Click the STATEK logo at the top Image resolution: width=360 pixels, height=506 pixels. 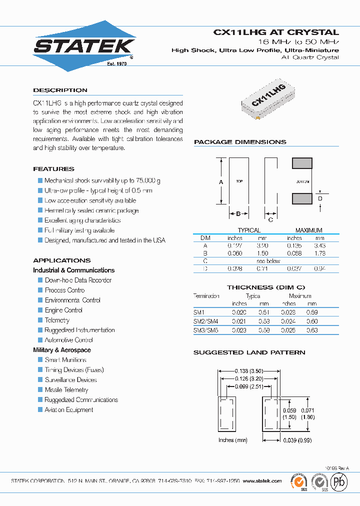pyautogui.click(x=84, y=46)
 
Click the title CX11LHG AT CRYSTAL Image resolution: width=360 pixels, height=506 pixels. pyautogui.click(x=276, y=32)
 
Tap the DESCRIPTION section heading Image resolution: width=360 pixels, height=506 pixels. pyautogui.click(x=60, y=90)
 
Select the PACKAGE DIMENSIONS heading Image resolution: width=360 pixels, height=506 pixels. pyautogui.click(x=240, y=142)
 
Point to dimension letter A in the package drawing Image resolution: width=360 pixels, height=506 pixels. pyautogui.click(x=221, y=182)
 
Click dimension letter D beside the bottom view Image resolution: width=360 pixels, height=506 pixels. pyautogui.click(x=320, y=199)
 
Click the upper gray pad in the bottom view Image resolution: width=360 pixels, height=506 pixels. pyautogui.click(x=302, y=163)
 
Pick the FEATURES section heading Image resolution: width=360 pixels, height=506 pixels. pyautogui.click(x=53, y=169)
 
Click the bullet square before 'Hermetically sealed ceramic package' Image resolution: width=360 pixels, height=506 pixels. pyautogui.click(x=40, y=210)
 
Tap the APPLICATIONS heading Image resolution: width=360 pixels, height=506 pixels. pyautogui.click(x=62, y=260)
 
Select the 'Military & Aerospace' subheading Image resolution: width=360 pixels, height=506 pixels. pyautogui.click(x=62, y=350)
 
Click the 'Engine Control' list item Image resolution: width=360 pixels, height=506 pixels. pyautogui.click(x=63, y=310)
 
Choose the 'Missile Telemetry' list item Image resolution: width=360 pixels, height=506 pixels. pyautogui.click(x=66, y=390)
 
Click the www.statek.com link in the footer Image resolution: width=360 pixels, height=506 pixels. pyautogui.click(x=262, y=481)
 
